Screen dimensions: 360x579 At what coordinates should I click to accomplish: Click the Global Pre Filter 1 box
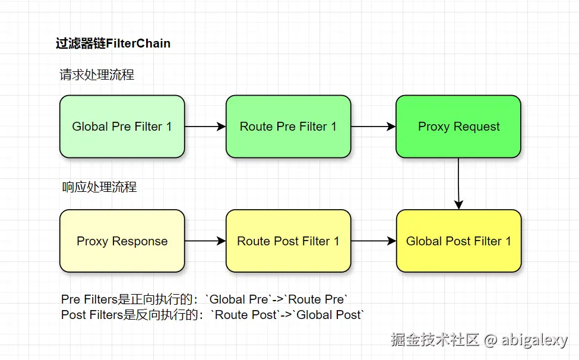click(122, 127)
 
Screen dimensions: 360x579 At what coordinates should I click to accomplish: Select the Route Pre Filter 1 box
click(288, 127)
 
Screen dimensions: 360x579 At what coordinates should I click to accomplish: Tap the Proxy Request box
click(458, 127)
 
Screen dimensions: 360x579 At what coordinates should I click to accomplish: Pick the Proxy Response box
click(122, 241)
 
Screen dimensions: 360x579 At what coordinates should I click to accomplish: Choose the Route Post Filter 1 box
click(288, 241)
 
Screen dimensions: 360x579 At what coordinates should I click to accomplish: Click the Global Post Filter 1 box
click(458, 241)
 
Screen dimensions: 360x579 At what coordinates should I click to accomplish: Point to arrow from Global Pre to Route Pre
click(205, 127)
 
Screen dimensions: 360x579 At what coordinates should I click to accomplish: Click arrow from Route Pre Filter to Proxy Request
click(374, 127)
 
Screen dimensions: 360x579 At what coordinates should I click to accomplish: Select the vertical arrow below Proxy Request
click(458, 184)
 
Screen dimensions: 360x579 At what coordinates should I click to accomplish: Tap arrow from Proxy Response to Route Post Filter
click(205, 241)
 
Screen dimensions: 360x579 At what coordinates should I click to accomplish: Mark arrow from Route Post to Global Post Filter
click(374, 241)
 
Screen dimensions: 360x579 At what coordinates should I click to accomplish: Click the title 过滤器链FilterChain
click(113, 43)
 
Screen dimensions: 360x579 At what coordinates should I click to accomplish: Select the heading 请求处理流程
click(97, 75)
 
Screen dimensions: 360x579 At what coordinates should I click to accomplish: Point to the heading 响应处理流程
click(99, 187)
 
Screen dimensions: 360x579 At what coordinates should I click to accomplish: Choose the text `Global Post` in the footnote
click(330, 315)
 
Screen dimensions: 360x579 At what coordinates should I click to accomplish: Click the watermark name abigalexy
click(534, 340)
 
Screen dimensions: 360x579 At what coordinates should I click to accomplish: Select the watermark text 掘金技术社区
click(435, 340)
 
